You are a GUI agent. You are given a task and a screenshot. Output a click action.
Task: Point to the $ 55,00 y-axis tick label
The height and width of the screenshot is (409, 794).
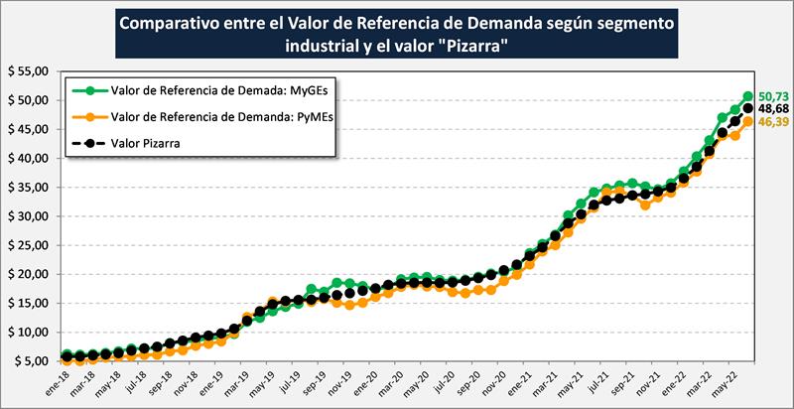(x=29, y=72)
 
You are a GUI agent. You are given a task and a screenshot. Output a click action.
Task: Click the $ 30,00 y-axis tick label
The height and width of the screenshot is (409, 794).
(x=29, y=216)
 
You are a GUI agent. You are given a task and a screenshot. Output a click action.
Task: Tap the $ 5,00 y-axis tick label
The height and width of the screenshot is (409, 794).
(x=32, y=361)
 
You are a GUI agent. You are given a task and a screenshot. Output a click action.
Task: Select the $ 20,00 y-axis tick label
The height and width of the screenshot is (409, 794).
(x=29, y=274)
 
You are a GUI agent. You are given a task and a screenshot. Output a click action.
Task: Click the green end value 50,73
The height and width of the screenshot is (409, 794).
(x=772, y=91)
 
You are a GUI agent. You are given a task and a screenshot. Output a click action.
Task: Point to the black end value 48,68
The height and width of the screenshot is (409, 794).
(x=772, y=107)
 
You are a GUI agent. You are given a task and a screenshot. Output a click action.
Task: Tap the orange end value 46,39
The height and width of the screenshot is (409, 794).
(x=772, y=121)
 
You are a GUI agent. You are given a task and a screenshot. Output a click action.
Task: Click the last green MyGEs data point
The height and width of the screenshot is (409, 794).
(x=748, y=97)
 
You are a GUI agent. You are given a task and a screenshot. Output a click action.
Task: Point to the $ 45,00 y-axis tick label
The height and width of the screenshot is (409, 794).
(x=29, y=130)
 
